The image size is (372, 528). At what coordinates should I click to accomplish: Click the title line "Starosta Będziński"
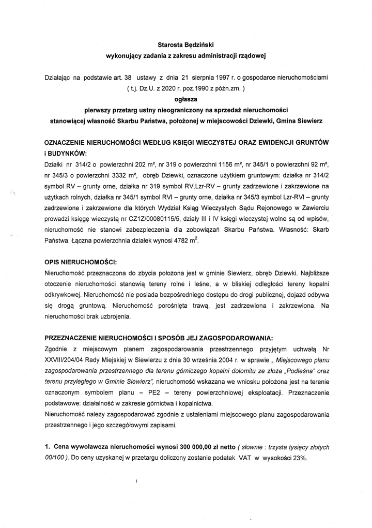click(x=186, y=44)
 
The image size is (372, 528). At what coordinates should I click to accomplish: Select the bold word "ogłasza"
click(x=186, y=98)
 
